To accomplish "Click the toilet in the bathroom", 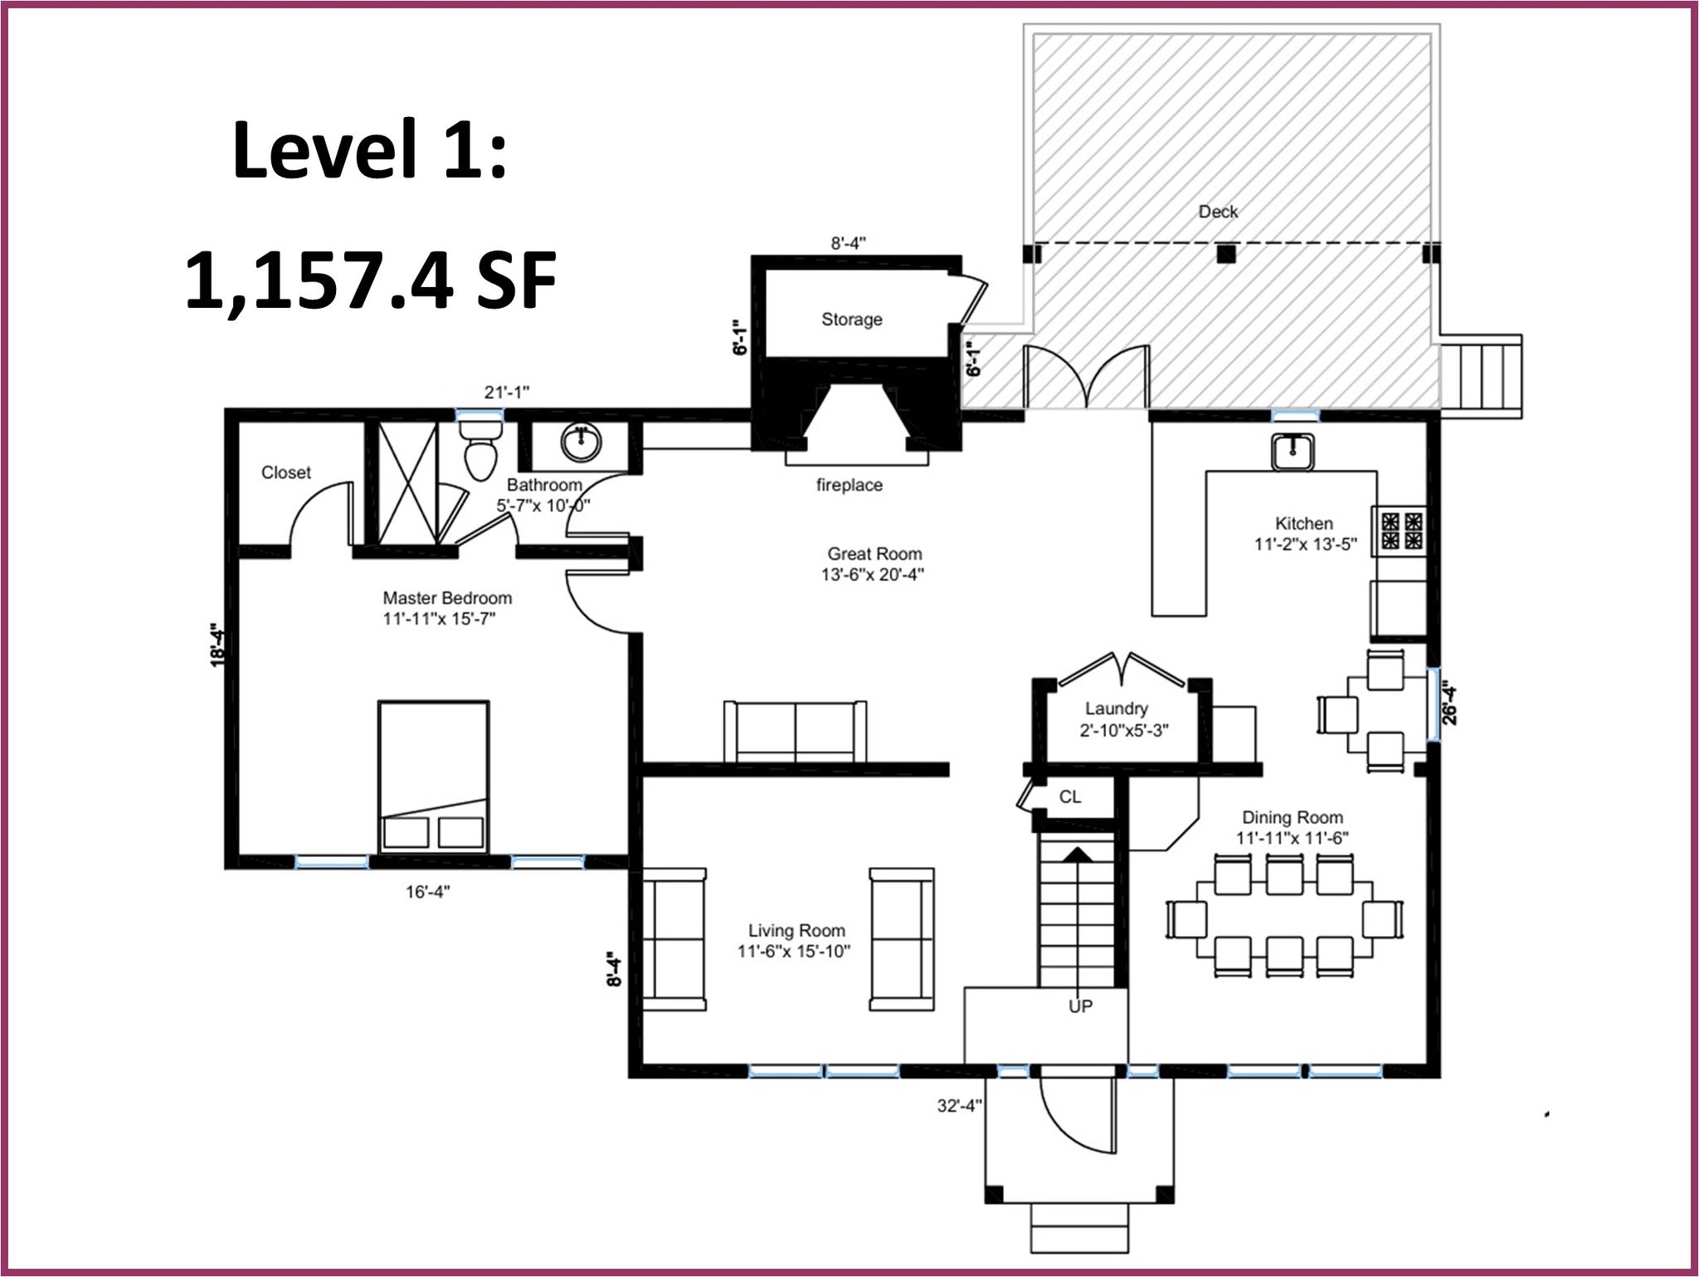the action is pyautogui.click(x=480, y=449).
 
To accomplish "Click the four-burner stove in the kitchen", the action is pyautogui.click(x=1401, y=532).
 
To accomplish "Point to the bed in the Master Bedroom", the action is pyautogui.click(x=433, y=777).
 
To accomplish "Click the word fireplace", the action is pyautogui.click(x=849, y=485).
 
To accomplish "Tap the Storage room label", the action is pyautogui.click(x=851, y=319).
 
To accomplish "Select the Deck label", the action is pyautogui.click(x=1218, y=212).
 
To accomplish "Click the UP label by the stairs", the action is pyautogui.click(x=1080, y=1006).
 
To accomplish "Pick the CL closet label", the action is pyautogui.click(x=1070, y=797).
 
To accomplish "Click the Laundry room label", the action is pyautogui.click(x=1116, y=709).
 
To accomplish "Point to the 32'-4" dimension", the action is pyautogui.click(x=960, y=1105).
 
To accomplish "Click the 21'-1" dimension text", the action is pyautogui.click(x=507, y=392).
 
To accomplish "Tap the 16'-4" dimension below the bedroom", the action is pyautogui.click(x=428, y=892).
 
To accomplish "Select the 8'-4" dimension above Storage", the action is pyautogui.click(x=849, y=243).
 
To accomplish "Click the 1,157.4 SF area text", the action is pyautogui.click(x=370, y=281).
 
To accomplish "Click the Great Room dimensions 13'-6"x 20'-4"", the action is pyautogui.click(x=874, y=574).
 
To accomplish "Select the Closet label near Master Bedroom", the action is pyautogui.click(x=286, y=472).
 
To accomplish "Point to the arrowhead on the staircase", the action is pyautogui.click(x=1078, y=854).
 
